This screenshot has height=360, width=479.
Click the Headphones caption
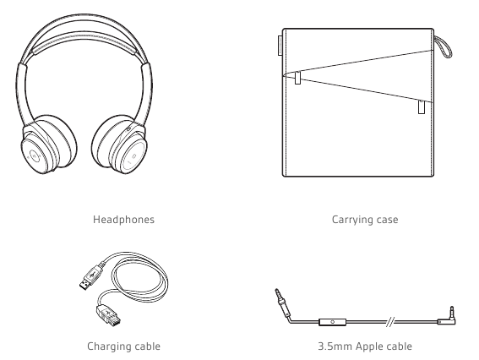(x=123, y=220)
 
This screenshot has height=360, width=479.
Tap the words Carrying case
(x=365, y=220)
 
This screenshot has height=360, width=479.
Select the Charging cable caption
(x=123, y=346)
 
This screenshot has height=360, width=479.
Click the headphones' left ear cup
(x=49, y=145)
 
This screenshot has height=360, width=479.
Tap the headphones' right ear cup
(x=119, y=145)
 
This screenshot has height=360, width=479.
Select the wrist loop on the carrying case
(x=443, y=46)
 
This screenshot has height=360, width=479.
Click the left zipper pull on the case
(x=298, y=78)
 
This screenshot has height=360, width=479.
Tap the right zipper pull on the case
(x=422, y=107)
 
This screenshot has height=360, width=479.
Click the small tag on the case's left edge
(x=280, y=46)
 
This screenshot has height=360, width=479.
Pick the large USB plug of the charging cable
(x=91, y=277)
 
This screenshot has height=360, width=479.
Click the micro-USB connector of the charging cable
(x=108, y=314)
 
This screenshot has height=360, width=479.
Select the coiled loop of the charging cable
(x=140, y=279)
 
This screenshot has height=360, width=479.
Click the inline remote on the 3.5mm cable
(x=332, y=322)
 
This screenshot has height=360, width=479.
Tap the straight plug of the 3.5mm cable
(x=282, y=303)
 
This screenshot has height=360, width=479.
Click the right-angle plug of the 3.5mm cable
(x=449, y=317)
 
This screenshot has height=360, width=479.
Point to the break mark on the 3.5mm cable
(x=390, y=322)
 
